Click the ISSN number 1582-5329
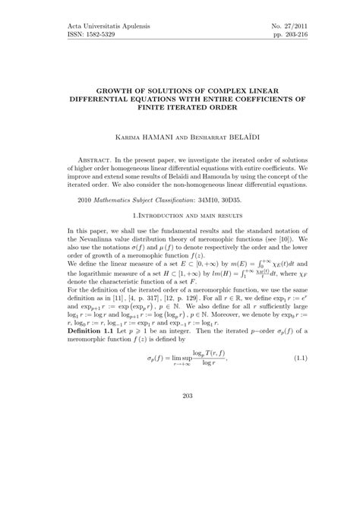75,36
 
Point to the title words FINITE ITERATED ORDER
180,108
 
